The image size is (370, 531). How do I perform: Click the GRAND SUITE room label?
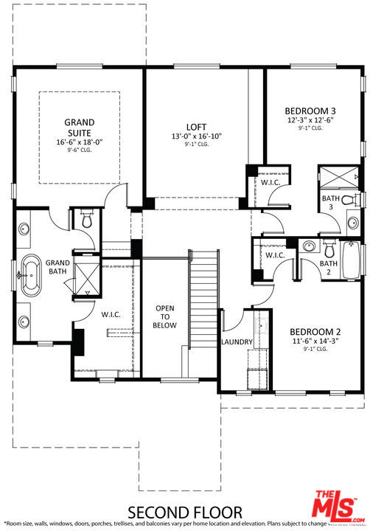(x=79, y=128)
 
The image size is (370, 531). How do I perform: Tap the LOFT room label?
(x=195, y=126)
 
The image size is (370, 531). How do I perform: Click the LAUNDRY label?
(x=237, y=342)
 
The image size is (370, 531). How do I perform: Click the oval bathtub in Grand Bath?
(x=32, y=267)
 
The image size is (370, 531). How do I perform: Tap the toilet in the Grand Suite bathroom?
(x=86, y=219)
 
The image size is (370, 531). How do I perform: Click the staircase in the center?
(x=206, y=295)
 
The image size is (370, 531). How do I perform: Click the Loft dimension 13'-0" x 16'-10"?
(x=195, y=136)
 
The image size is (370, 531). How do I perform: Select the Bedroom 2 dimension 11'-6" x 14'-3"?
(x=314, y=341)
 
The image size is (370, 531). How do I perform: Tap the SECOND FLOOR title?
(x=185, y=512)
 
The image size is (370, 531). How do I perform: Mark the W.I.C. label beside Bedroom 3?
(x=270, y=181)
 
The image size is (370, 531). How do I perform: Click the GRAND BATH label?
(x=57, y=267)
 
